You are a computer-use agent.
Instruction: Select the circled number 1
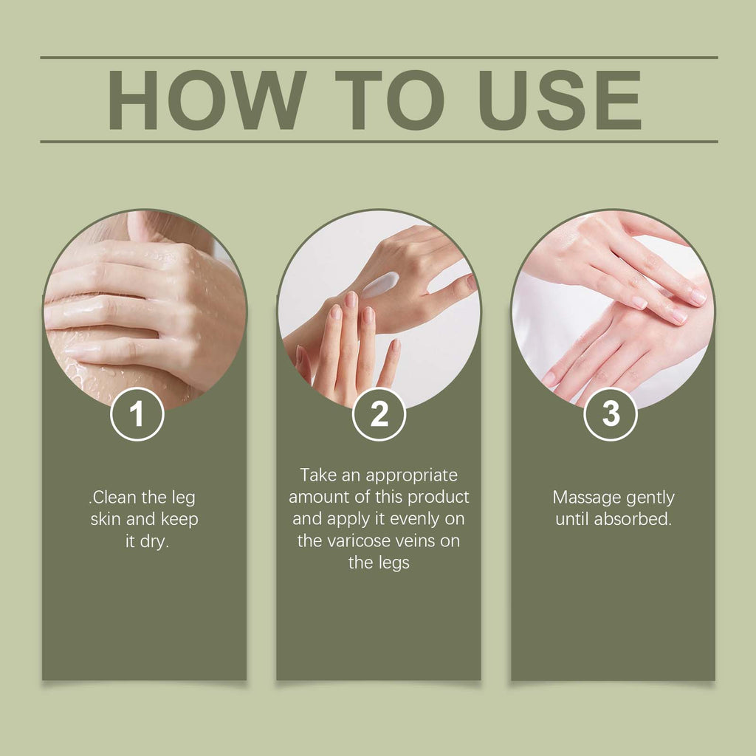(x=137, y=415)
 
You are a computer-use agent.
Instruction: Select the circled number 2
(x=379, y=415)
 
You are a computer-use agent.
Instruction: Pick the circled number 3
(x=611, y=414)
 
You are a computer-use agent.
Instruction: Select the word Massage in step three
(x=587, y=497)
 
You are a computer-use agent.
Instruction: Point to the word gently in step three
(x=650, y=498)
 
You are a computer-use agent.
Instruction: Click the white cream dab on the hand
(x=379, y=284)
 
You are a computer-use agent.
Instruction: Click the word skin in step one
(x=106, y=519)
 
